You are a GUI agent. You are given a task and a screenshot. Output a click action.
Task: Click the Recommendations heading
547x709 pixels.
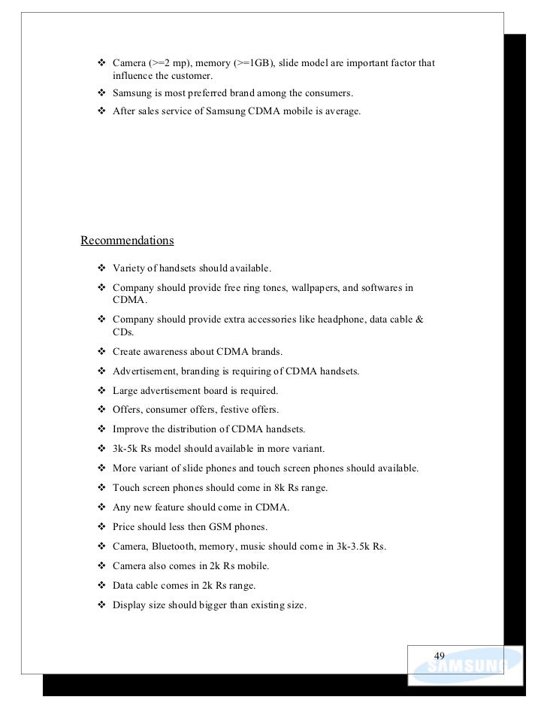127,241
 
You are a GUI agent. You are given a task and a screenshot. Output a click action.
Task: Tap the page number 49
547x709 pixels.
440,654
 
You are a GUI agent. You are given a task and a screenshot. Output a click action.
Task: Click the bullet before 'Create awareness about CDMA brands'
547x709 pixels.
101,351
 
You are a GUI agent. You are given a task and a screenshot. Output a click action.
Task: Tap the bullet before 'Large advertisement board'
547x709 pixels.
101,390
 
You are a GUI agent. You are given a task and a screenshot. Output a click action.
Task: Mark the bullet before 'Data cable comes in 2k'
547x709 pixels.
101,586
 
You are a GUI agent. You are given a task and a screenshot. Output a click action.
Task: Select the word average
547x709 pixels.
341,113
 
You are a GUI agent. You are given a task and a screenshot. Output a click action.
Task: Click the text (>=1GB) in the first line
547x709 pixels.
253,62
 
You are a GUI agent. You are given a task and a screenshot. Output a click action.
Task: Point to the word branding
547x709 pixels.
198,371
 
